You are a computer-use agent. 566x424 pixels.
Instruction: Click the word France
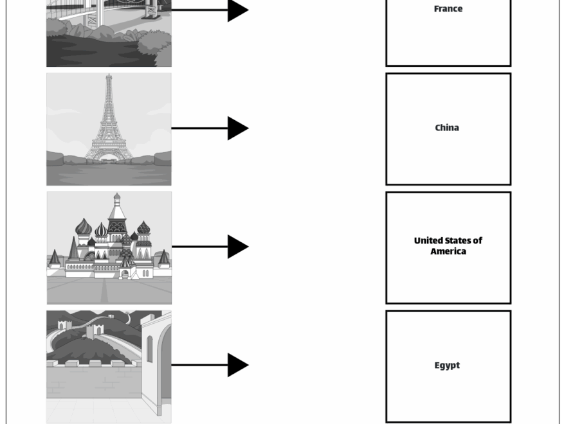coord(448,9)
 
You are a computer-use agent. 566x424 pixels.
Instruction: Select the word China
coord(447,128)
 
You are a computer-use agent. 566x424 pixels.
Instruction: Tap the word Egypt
coord(447,366)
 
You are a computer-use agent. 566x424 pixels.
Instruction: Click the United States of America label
coord(448,246)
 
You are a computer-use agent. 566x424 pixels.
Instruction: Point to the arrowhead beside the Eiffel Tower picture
coord(237,128)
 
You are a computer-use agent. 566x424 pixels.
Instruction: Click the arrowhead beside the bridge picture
coord(237,10)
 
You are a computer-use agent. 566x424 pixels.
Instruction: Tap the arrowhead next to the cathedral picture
coord(237,247)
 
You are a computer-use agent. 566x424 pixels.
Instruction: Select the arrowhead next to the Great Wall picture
coord(237,365)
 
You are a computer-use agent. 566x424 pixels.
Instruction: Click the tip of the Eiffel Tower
coord(109,76)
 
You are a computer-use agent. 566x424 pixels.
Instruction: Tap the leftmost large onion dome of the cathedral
coord(84,227)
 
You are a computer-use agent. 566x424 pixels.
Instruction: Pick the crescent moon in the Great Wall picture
coord(128,317)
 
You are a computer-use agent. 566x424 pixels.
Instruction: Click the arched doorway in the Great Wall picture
coord(165,366)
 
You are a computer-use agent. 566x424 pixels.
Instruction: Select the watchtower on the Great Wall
coord(94,330)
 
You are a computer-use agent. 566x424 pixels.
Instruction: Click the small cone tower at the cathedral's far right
coord(164,258)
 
